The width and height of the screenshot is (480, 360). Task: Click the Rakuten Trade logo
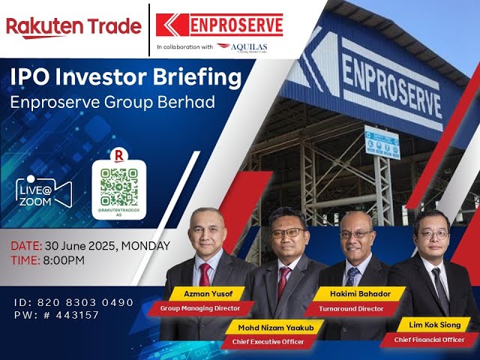(x=73, y=27)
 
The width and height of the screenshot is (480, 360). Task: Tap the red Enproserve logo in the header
(x=220, y=25)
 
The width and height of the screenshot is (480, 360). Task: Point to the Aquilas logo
(x=241, y=46)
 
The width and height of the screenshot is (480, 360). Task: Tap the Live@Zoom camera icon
(x=43, y=190)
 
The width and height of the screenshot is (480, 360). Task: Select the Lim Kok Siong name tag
(x=434, y=325)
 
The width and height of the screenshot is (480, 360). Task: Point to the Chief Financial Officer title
(x=434, y=340)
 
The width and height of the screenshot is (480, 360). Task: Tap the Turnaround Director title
(x=352, y=307)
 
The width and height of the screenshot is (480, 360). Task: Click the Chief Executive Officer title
(x=267, y=342)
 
